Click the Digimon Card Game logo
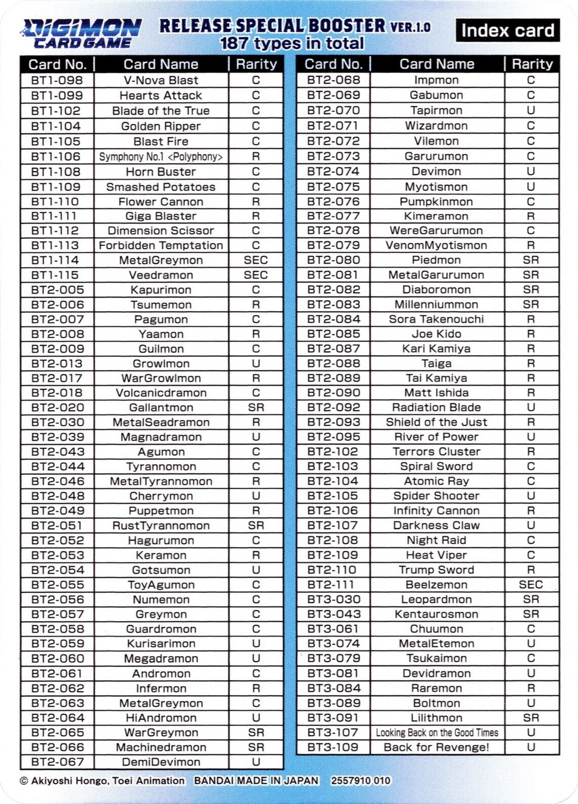[82, 33]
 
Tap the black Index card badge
[507, 30]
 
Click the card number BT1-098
[57, 80]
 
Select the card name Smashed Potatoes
[161, 187]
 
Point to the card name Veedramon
[161, 275]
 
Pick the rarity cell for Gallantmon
[256, 408]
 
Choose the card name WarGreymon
[161, 732]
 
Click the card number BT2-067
[57, 762]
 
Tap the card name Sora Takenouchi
[436, 319]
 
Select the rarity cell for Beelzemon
[531, 584]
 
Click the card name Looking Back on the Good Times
[437, 732]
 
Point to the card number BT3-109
[333, 747]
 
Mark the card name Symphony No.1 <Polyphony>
[161, 156]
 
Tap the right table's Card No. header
[333, 64]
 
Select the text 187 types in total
[292, 43]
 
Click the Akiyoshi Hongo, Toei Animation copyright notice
[102, 781]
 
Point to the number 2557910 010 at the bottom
[360, 781]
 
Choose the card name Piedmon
[436, 260]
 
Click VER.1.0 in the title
[410, 27]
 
